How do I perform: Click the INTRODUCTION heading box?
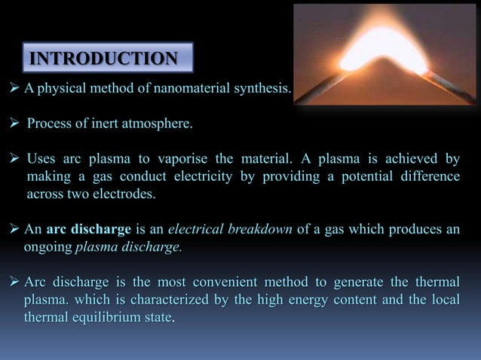(103, 59)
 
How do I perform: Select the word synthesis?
(260, 90)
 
